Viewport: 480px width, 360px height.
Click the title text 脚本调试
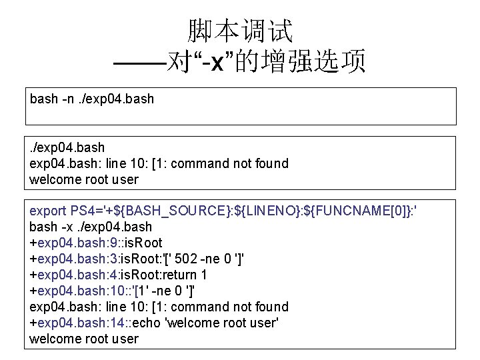coord(239,30)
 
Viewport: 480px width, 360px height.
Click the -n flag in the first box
coord(68,99)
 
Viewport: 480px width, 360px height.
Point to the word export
coord(48,211)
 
